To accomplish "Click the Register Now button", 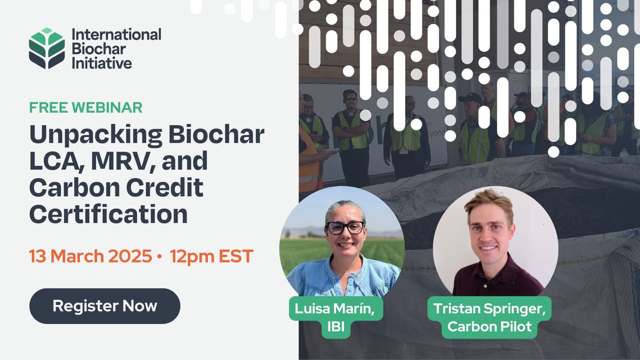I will tap(105, 306).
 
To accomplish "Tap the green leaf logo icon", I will tap(47, 49).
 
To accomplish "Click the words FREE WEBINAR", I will tap(86, 107).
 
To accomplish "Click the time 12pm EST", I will tap(211, 256).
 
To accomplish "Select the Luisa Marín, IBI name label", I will tap(335, 317).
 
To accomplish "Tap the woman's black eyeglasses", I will tap(345, 227).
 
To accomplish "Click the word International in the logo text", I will tap(117, 34).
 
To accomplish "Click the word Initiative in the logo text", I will tap(102, 63).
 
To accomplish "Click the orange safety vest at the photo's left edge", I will tap(309, 166).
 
